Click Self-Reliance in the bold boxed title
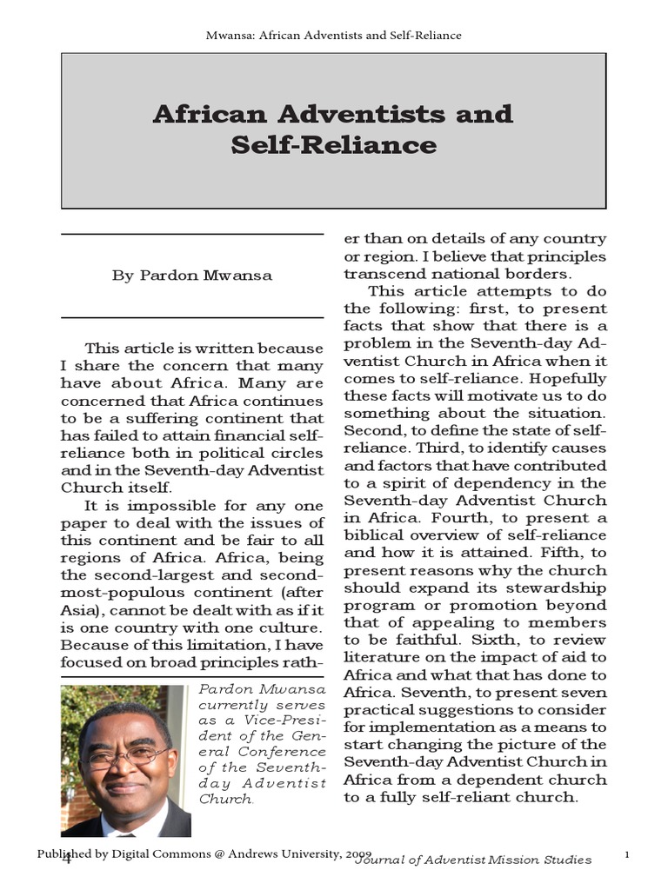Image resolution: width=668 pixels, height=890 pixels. click(333, 144)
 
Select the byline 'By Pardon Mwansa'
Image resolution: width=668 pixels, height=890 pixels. click(191, 276)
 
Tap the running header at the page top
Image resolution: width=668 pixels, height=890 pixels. click(333, 36)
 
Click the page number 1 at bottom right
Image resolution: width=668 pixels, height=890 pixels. click(627, 857)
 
